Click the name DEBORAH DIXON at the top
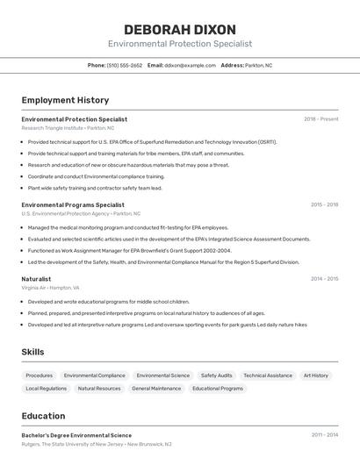180,29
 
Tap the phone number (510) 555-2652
125,65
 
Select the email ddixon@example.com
190,65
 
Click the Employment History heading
65,100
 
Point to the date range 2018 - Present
320,119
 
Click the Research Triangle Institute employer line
68,128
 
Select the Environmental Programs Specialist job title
67,204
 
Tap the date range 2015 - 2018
324,204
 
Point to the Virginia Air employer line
50,288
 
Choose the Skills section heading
33,352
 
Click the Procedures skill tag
39,376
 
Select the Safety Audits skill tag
216,376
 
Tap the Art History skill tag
315,376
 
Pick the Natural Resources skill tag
99,388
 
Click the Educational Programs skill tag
218,388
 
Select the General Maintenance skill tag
156,388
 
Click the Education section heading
43,416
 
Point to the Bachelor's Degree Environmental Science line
76,435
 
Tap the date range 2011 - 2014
324,435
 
